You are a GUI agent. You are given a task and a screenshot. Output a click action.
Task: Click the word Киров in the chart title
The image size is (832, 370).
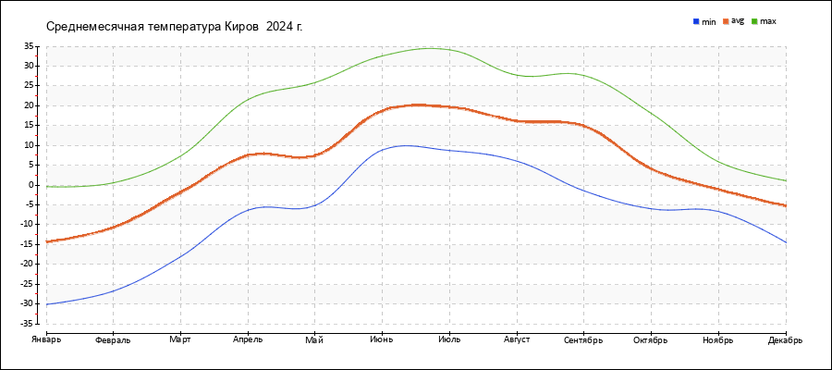[243, 26]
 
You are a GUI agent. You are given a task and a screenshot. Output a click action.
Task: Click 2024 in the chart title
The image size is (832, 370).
[280, 26]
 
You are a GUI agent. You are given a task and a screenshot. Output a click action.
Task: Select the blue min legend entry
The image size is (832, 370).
[704, 20]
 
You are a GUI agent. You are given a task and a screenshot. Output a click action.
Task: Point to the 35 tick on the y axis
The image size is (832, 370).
[29, 46]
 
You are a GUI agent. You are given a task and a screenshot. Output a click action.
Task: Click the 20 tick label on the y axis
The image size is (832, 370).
[29, 105]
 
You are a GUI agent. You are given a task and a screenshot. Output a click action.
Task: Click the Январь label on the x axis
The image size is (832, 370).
[45, 339]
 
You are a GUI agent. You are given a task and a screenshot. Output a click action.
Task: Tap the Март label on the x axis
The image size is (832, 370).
[180, 339]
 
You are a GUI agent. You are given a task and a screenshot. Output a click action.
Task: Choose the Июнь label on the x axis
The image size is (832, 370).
[382, 339]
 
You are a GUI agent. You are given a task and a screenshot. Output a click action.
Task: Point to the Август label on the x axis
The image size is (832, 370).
[516, 339]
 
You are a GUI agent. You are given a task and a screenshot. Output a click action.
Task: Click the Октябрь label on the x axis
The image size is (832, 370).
[651, 339]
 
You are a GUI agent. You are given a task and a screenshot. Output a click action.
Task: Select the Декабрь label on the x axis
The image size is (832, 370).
[785, 339]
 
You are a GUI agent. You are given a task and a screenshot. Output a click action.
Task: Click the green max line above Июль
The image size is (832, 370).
[449, 50]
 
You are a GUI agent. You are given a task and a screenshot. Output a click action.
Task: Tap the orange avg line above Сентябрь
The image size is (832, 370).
[583, 125]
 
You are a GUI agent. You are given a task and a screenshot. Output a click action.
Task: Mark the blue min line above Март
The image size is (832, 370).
[180, 255]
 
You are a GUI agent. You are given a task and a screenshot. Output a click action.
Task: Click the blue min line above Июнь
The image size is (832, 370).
[382, 150]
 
